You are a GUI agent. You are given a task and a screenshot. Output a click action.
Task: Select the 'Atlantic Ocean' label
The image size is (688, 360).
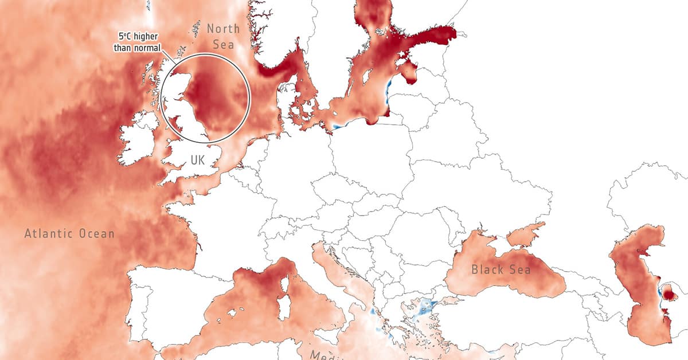69,234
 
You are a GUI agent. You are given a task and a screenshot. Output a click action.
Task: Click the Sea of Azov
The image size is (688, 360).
524,233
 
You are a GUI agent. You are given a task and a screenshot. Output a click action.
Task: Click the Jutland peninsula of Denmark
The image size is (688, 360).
287,100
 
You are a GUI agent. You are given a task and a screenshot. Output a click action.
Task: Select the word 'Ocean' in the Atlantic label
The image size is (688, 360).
95,234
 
